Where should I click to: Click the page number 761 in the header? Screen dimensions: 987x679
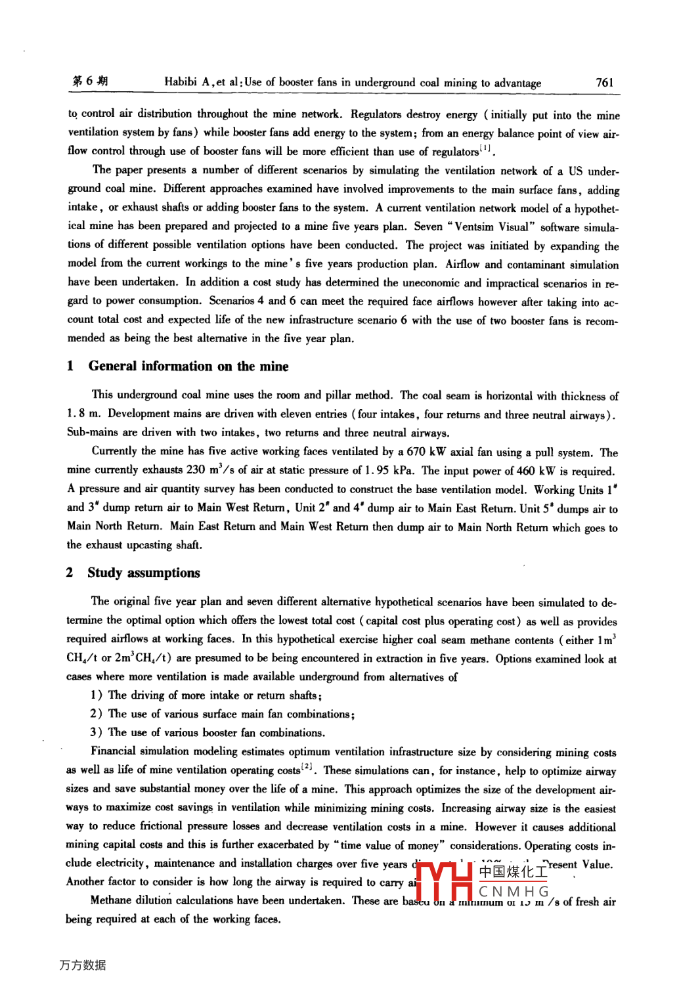604,83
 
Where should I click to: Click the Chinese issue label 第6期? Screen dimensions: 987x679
90,81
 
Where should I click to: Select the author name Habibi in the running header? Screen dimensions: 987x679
181,82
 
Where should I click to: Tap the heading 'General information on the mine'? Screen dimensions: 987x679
188,366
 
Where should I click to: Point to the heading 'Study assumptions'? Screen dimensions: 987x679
144,573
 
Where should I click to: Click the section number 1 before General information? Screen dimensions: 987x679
70,366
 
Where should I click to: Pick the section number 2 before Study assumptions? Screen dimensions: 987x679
70,573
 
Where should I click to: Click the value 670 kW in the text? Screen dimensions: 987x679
426,452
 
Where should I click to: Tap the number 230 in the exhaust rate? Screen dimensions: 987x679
196,470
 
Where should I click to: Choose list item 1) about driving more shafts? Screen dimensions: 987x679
206,695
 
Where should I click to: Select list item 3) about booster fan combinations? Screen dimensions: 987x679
208,732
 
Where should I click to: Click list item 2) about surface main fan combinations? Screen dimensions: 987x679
223,714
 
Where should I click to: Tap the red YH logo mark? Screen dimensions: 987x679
445,881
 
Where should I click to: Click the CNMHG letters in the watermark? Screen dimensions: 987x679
514,892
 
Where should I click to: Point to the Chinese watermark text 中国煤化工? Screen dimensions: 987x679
513,871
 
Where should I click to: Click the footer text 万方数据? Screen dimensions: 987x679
83,965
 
